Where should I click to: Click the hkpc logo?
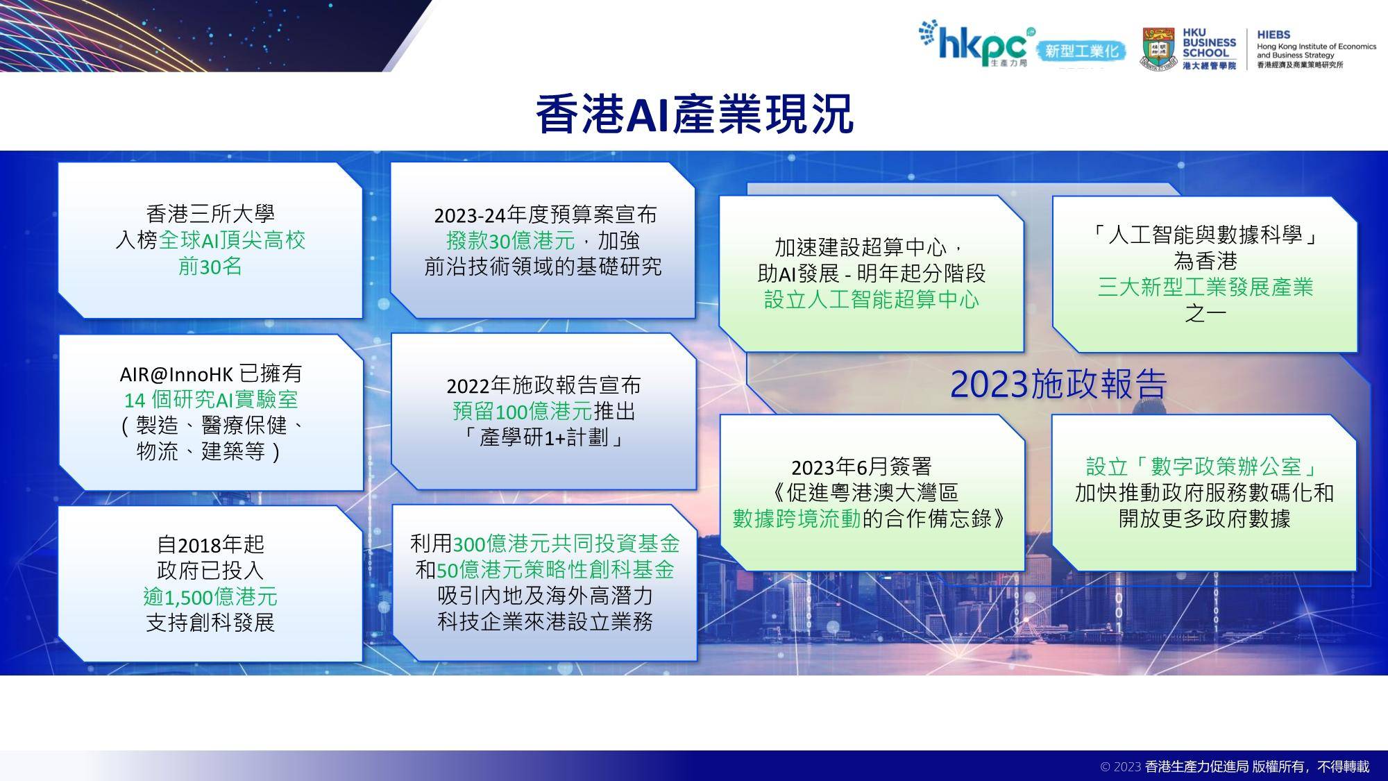pyautogui.click(x=976, y=44)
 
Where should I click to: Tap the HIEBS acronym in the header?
pyautogui.click(x=1273, y=34)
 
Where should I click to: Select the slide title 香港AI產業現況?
pyautogui.click(x=694, y=114)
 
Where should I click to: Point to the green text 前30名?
pyautogui.click(x=210, y=267)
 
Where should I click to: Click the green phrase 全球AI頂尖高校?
pyautogui.click(x=232, y=240)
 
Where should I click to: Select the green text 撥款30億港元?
pyautogui.click(x=511, y=241)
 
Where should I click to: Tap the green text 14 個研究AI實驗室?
pyautogui.click(x=210, y=400)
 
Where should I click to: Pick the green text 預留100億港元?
pyautogui.click(x=522, y=412)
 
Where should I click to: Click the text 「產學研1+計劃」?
pyautogui.click(x=543, y=437)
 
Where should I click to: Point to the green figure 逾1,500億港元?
pyautogui.click(x=210, y=597)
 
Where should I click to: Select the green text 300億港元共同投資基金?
pyautogui.click(x=566, y=544)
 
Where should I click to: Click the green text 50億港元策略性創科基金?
pyautogui.click(x=555, y=570)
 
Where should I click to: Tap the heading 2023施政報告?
pyautogui.click(x=1058, y=384)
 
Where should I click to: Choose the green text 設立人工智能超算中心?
pyautogui.click(x=872, y=300)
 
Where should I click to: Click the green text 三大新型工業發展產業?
pyautogui.click(x=1205, y=287)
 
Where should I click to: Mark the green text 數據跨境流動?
pyautogui.click(x=797, y=519)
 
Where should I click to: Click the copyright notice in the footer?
pyautogui.click(x=1235, y=766)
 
